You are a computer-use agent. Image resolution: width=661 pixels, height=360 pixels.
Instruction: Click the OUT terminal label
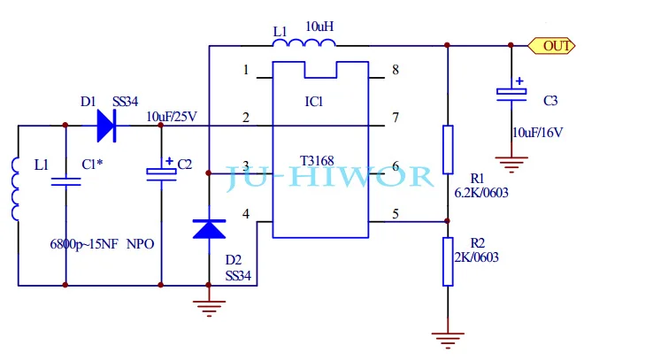click(551, 45)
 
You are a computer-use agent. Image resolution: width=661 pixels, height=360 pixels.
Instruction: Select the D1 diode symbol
click(107, 126)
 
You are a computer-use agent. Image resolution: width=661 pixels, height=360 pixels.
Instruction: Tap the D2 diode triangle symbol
click(209, 229)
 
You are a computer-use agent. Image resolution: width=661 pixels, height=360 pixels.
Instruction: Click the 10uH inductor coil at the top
click(304, 42)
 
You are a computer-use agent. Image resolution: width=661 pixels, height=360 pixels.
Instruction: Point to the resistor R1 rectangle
click(448, 149)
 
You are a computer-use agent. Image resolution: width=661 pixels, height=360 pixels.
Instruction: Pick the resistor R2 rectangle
click(448, 262)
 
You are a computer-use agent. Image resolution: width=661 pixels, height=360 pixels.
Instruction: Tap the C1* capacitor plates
click(65, 181)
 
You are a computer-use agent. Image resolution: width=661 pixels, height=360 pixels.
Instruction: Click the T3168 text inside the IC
click(317, 161)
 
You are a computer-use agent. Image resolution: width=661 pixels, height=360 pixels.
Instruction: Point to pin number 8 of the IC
click(395, 70)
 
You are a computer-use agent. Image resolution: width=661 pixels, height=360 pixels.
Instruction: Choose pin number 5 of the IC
click(395, 214)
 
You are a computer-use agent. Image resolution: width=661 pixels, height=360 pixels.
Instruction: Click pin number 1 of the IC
click(246, 70)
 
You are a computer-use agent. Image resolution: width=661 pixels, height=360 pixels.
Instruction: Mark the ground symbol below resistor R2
click(448, 341)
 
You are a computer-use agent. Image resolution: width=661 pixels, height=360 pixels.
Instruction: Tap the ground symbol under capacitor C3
click(511, 164)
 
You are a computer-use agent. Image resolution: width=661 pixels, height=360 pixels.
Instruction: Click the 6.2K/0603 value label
click(481, 193)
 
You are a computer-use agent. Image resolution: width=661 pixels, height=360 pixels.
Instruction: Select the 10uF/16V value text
click(537, 133)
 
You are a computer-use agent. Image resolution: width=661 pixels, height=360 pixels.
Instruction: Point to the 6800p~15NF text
click(84, 244)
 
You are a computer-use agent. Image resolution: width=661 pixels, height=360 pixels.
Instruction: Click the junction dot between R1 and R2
click(448, 221)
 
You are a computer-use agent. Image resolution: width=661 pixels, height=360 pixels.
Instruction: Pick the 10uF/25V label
click(172, 117)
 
